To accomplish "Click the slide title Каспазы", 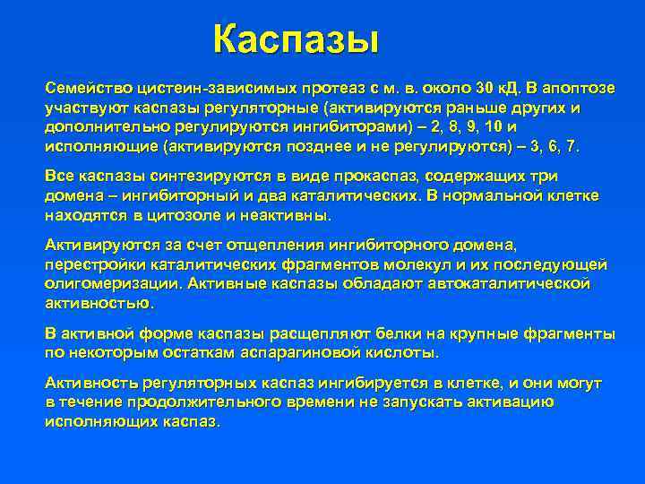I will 297,39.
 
